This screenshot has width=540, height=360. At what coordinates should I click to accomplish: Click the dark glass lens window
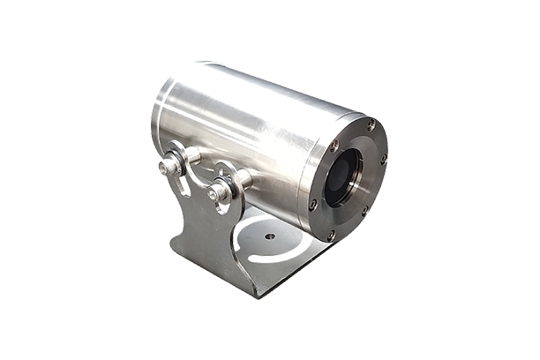point(343,176)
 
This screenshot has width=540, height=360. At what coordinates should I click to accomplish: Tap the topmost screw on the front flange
point(371,126)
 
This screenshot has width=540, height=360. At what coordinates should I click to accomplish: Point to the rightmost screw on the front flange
point(384,160)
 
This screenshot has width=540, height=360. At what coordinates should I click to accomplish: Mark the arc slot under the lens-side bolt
point(226,208)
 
